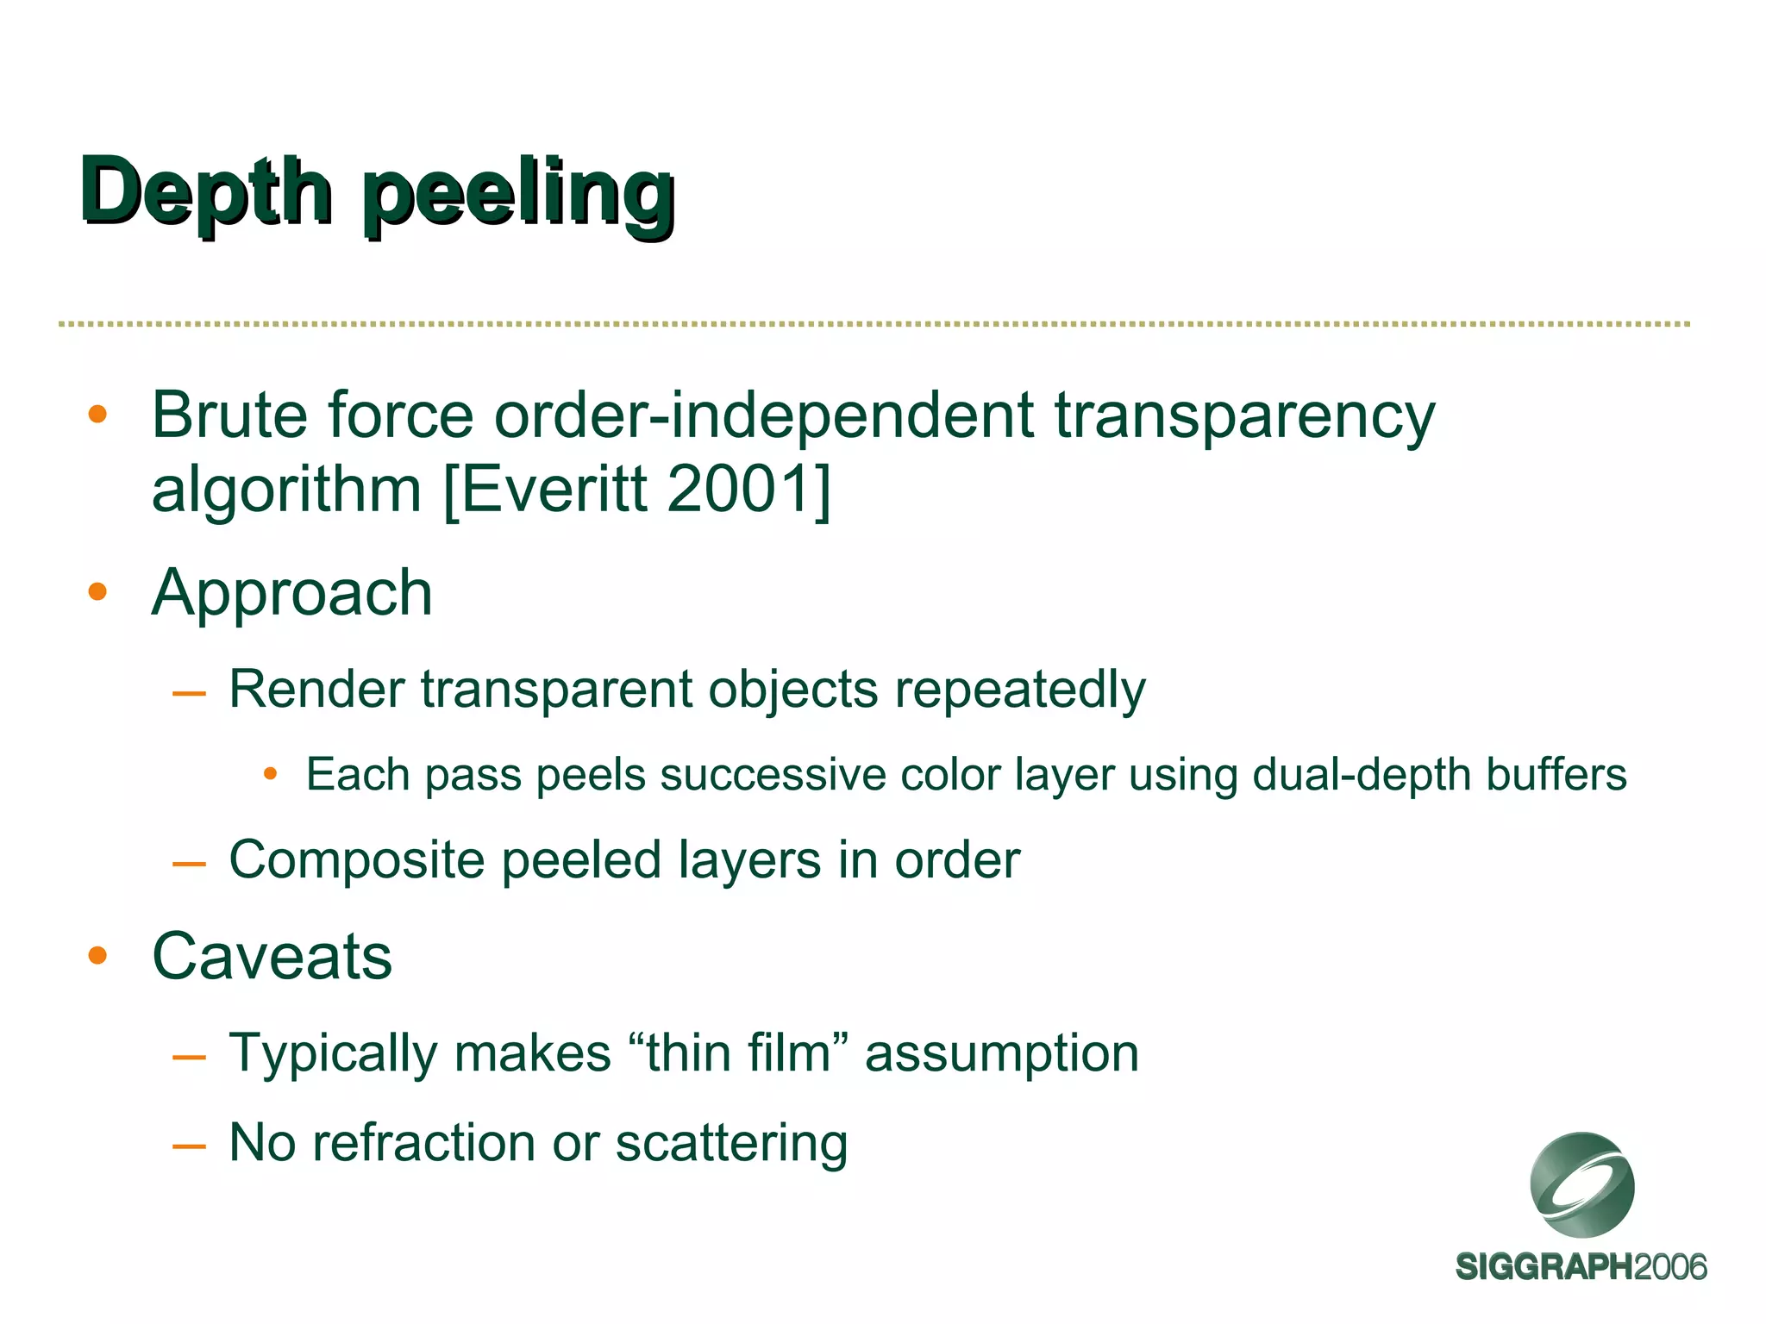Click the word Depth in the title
coord(205,191)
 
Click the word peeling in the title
coord(517,195)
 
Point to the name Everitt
coord(555,490)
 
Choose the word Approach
coord(291,595)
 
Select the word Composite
coord(357,860)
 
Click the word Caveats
coord(272,957)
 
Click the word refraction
coord(423,1143)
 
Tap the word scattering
coord(731,1145)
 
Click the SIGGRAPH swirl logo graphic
coord(1581,1184)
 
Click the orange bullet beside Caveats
coord(97,955)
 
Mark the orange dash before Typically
coord(189,1057)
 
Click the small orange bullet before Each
coord(270,774)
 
